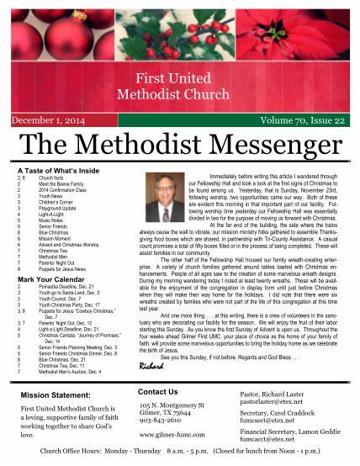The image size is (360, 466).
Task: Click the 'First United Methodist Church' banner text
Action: tap(179, 85)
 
